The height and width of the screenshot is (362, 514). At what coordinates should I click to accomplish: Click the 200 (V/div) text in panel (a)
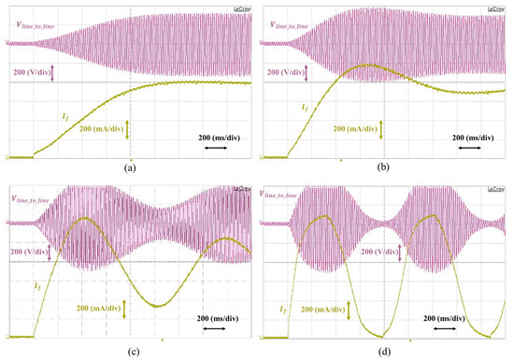[x=27, y=71]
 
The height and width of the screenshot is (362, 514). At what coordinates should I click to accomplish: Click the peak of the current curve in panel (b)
[x=370, y=65]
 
